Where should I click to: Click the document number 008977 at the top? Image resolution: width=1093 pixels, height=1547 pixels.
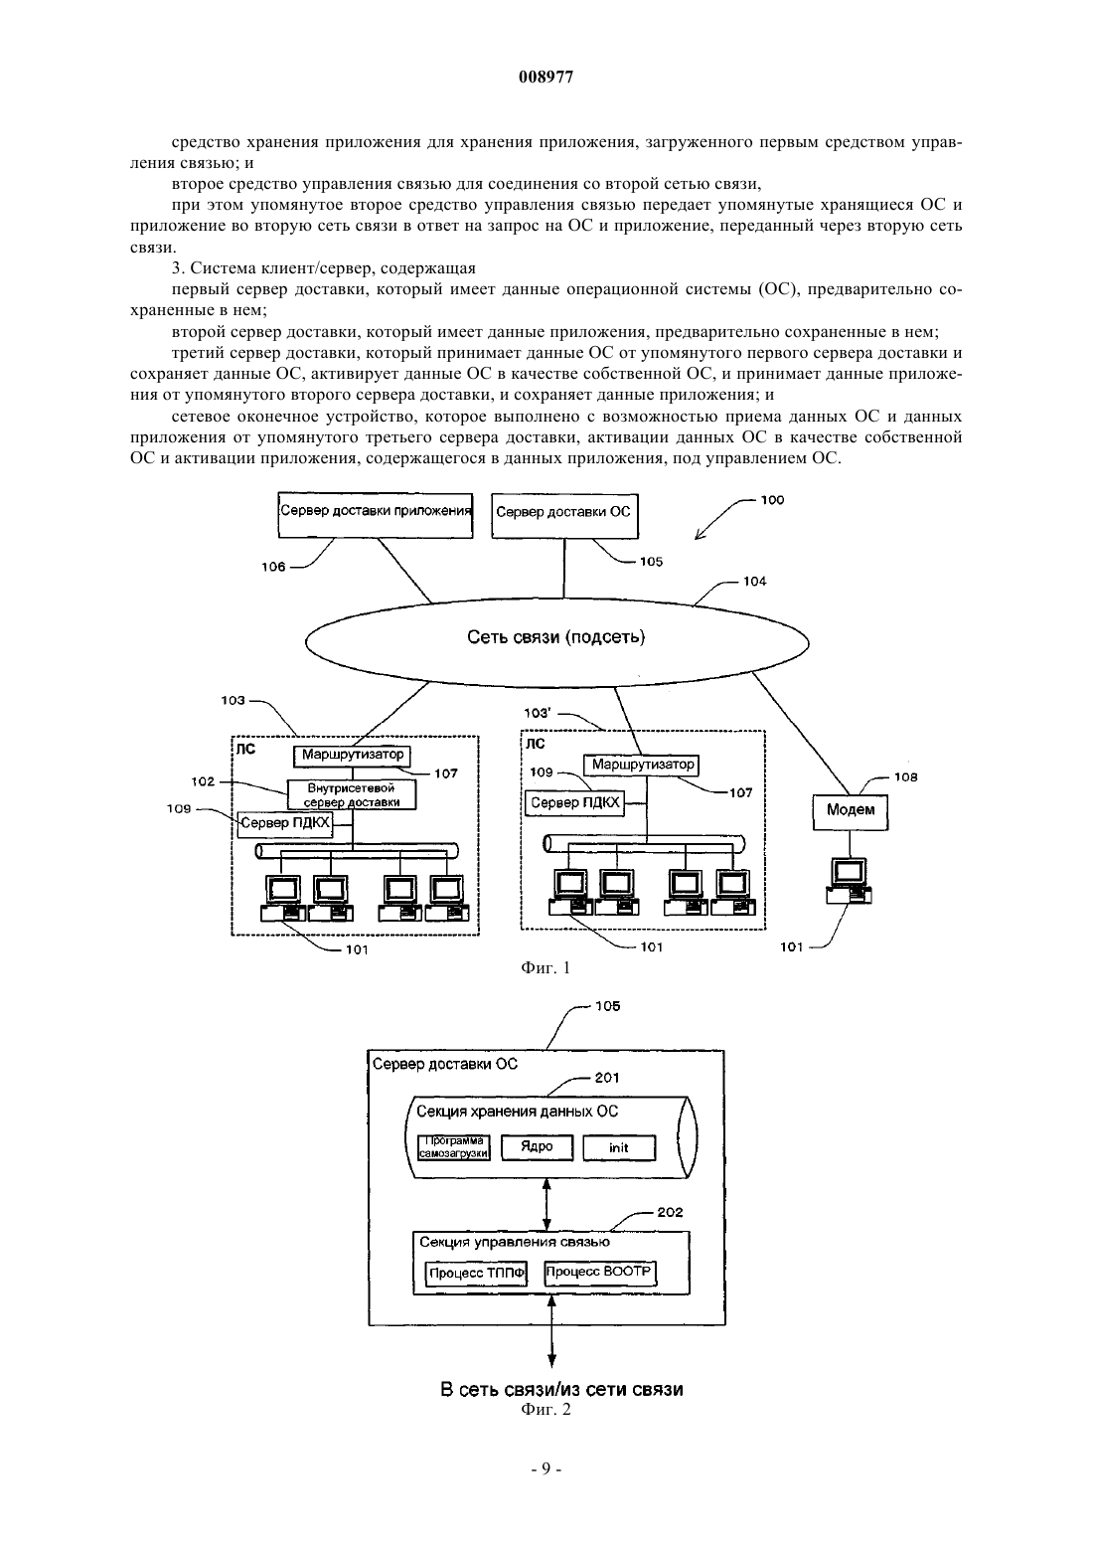pyautogui.click(x=546, y=78)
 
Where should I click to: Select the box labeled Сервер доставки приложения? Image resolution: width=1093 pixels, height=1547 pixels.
pyautogui.click(x=376, y=515)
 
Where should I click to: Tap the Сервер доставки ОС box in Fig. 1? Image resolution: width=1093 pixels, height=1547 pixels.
pyautogui.click(x=564, y=516)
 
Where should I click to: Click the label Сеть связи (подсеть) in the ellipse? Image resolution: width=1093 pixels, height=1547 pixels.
pyautogui.click(x=556, y=636)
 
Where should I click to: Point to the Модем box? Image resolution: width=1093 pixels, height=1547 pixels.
pyautogui.click(x=851, y=812)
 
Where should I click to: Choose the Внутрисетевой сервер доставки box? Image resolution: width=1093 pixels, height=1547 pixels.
pyautogui.click(x=352, y=795)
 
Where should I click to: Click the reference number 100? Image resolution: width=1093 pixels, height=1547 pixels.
pyautogui.click(x=772, y=500)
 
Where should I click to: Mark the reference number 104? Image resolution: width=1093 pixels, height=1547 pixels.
pyautogui.click(x=754, y=582)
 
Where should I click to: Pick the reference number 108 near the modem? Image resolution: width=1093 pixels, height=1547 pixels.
pyautogui.click(x=905, y=776)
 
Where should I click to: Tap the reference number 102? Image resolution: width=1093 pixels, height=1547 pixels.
pyautogui.click(x=203, y=781)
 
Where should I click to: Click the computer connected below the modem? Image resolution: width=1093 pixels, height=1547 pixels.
pyautogui.click(x=849, y=881)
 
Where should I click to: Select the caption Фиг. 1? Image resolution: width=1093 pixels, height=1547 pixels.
pyautogui.click(x=546, y=967)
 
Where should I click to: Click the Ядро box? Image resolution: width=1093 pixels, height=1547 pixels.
pyautogui.click(x=537, y=1147)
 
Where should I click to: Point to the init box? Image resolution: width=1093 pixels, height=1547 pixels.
pyautogui.click(x=619, y=1147)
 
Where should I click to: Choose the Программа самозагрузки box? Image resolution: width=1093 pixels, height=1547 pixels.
pyautogui.click(x=454, y=1147)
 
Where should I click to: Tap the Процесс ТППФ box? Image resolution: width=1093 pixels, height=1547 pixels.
pyautogui.click(x=476, y=1273)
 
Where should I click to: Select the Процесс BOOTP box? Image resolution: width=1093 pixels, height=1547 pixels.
pyautogui.click(x=599, y=1273)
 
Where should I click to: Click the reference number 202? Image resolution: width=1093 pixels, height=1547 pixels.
pyautogui.click(x=670, y=1212)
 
